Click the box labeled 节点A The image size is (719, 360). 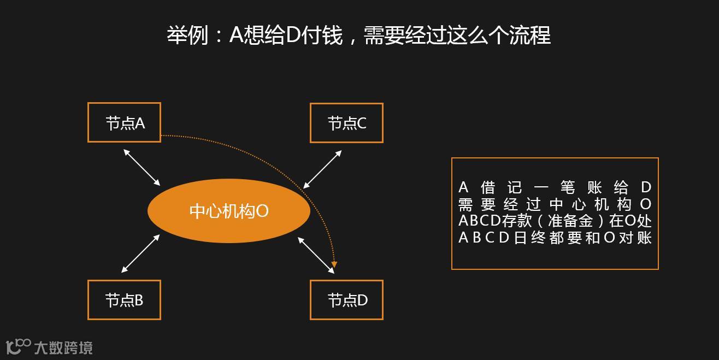point(124,122)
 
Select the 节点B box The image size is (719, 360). point(124,300)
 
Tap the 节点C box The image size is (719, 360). point(346,123)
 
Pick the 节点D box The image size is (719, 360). point(346,300)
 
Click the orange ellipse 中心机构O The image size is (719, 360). point(229,211)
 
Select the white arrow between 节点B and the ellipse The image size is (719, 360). point(140,253)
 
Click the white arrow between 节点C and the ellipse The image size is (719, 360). point(322,169)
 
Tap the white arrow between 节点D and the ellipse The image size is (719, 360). point(316,255)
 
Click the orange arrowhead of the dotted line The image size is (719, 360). point(334,265)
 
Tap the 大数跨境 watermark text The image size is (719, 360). point(63,347)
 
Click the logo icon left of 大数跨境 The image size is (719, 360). point(18,346)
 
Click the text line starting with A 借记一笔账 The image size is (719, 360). point(555,188)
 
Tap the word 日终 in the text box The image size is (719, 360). point(529,238)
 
